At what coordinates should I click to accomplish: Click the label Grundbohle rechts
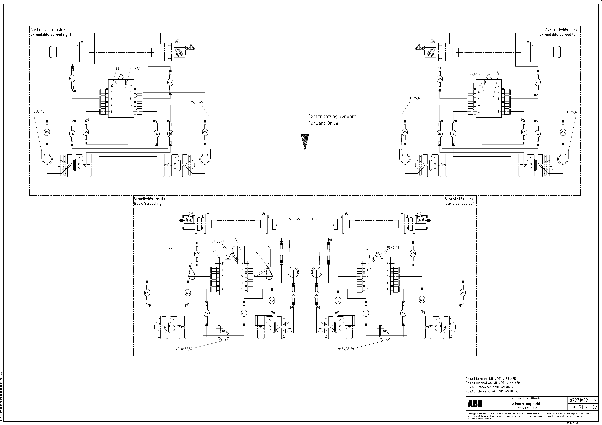pos(150,198)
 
